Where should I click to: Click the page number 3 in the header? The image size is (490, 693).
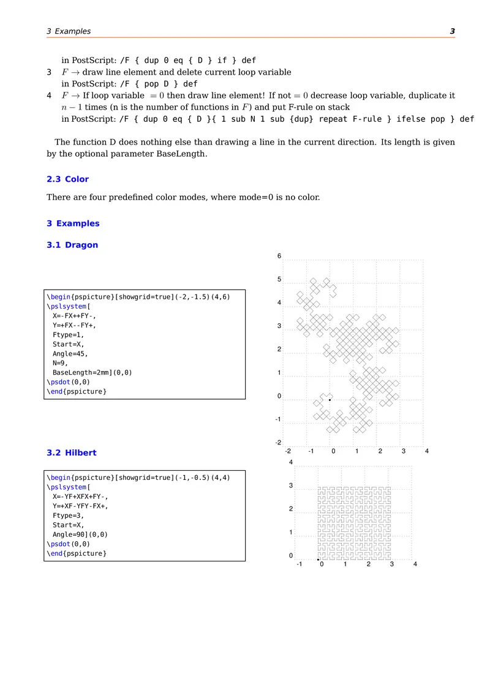pyautogui.click(x=452, y=31)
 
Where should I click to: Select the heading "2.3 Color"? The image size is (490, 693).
pyautogui.click(x=67, y=179)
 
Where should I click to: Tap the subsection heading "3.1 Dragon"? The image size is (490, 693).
pyautogui.click(x=72, y=245)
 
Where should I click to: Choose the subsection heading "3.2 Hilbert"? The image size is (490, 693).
pyautogui.click(x=71, y=453)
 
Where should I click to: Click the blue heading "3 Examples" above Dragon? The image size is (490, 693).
pyautogui.click(x=73, y=223)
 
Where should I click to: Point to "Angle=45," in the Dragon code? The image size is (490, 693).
pyautogui.click(x=70, y=353)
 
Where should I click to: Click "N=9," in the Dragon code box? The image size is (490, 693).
pyautogui.click(x=62, y=362)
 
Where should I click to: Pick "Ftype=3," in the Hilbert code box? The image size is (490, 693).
pyautogui.click(x=68, y=515)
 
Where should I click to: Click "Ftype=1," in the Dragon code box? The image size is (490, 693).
pyautogui.click(x=68, y=335)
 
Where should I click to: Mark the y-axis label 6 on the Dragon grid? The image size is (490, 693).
pyautogui.click(x=279, y=257)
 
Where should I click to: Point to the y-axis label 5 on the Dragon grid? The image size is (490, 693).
pyautogui.click(x=279, y=280)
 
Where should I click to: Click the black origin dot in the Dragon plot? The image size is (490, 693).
pyautogui.click(x=330, y=400)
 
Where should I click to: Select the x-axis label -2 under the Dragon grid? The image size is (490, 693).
pyautogui.click(x=287, y=451)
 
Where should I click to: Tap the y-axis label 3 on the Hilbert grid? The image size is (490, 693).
pyautogui.click(x=291, y=486)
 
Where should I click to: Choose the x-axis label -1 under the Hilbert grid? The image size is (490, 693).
pyautogui.click(x=299, y=564)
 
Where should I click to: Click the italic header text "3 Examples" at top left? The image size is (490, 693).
pyautogui.click(x=69, y=31)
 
